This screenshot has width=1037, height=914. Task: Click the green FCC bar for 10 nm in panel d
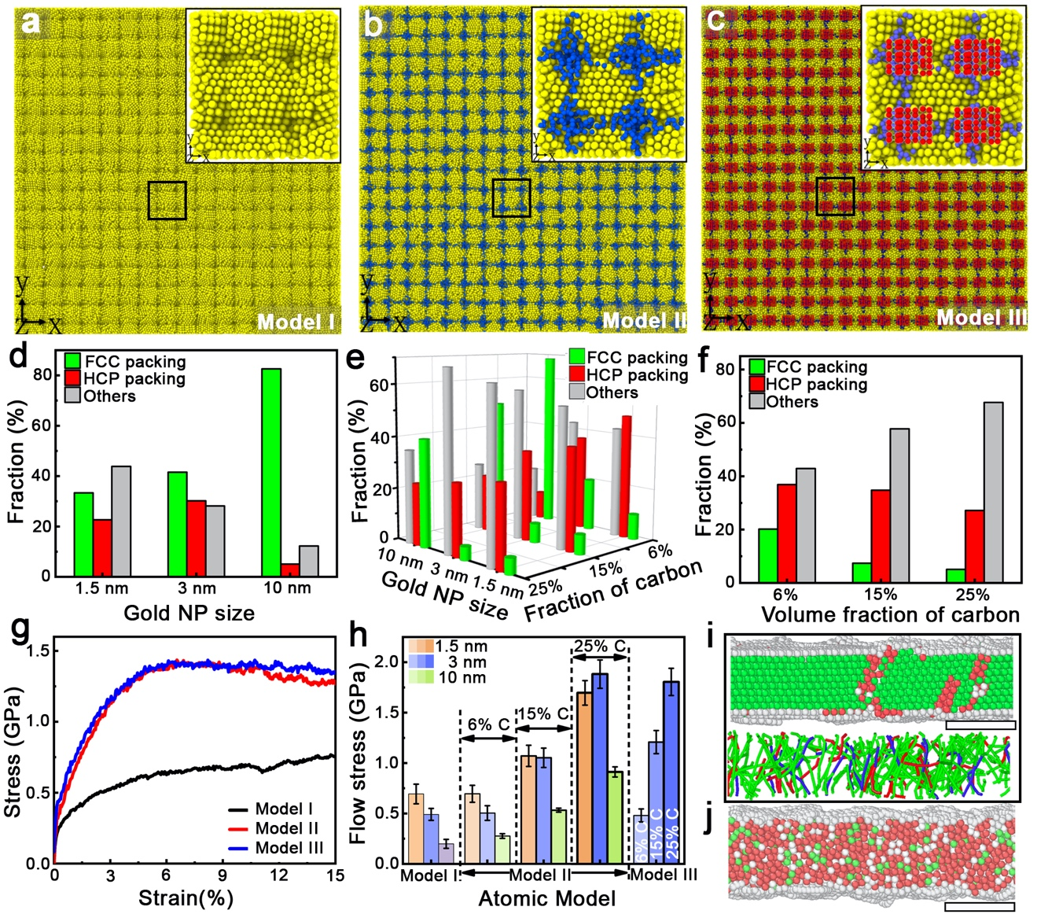click(270, 472)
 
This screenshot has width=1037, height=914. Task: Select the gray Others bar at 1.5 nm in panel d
click(121, 521)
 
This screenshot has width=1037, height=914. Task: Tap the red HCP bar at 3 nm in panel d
click(196, 538)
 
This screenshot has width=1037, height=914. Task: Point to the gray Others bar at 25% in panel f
click(993, 492)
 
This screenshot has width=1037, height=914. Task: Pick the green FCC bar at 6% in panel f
click(763, 555)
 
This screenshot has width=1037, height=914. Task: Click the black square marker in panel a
click(167, 201)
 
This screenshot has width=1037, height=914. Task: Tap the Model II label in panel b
click(644, 320)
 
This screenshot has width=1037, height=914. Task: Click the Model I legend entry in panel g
click(284, 809)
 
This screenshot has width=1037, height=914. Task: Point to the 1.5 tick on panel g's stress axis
click(35, 650)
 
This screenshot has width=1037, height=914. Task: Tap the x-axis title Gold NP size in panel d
click(189, 613)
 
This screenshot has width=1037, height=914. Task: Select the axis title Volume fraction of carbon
click(890, 615)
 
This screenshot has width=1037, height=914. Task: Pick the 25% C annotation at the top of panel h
click(600, 647)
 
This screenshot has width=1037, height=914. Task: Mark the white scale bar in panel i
click(980, 724)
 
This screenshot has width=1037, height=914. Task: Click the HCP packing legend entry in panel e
click(637, 375)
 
